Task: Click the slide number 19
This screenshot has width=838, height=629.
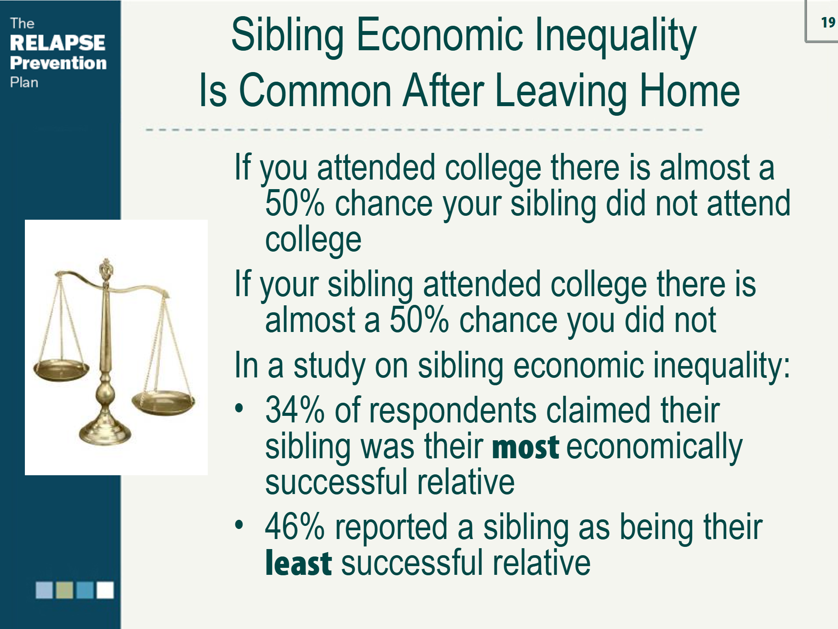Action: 828,22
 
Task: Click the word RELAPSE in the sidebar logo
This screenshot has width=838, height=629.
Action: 57,43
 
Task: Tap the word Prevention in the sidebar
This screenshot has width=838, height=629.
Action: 58,63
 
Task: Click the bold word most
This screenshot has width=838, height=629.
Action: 525,447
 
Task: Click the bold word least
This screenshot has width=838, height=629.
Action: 299,563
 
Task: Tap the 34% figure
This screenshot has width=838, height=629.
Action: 295,411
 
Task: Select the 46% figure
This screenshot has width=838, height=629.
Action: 295,527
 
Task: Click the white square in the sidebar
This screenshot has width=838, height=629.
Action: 105,590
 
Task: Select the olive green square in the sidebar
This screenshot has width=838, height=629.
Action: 65,590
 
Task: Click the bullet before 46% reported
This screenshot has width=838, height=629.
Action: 239,525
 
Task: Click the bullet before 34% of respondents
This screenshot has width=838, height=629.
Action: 239,408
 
